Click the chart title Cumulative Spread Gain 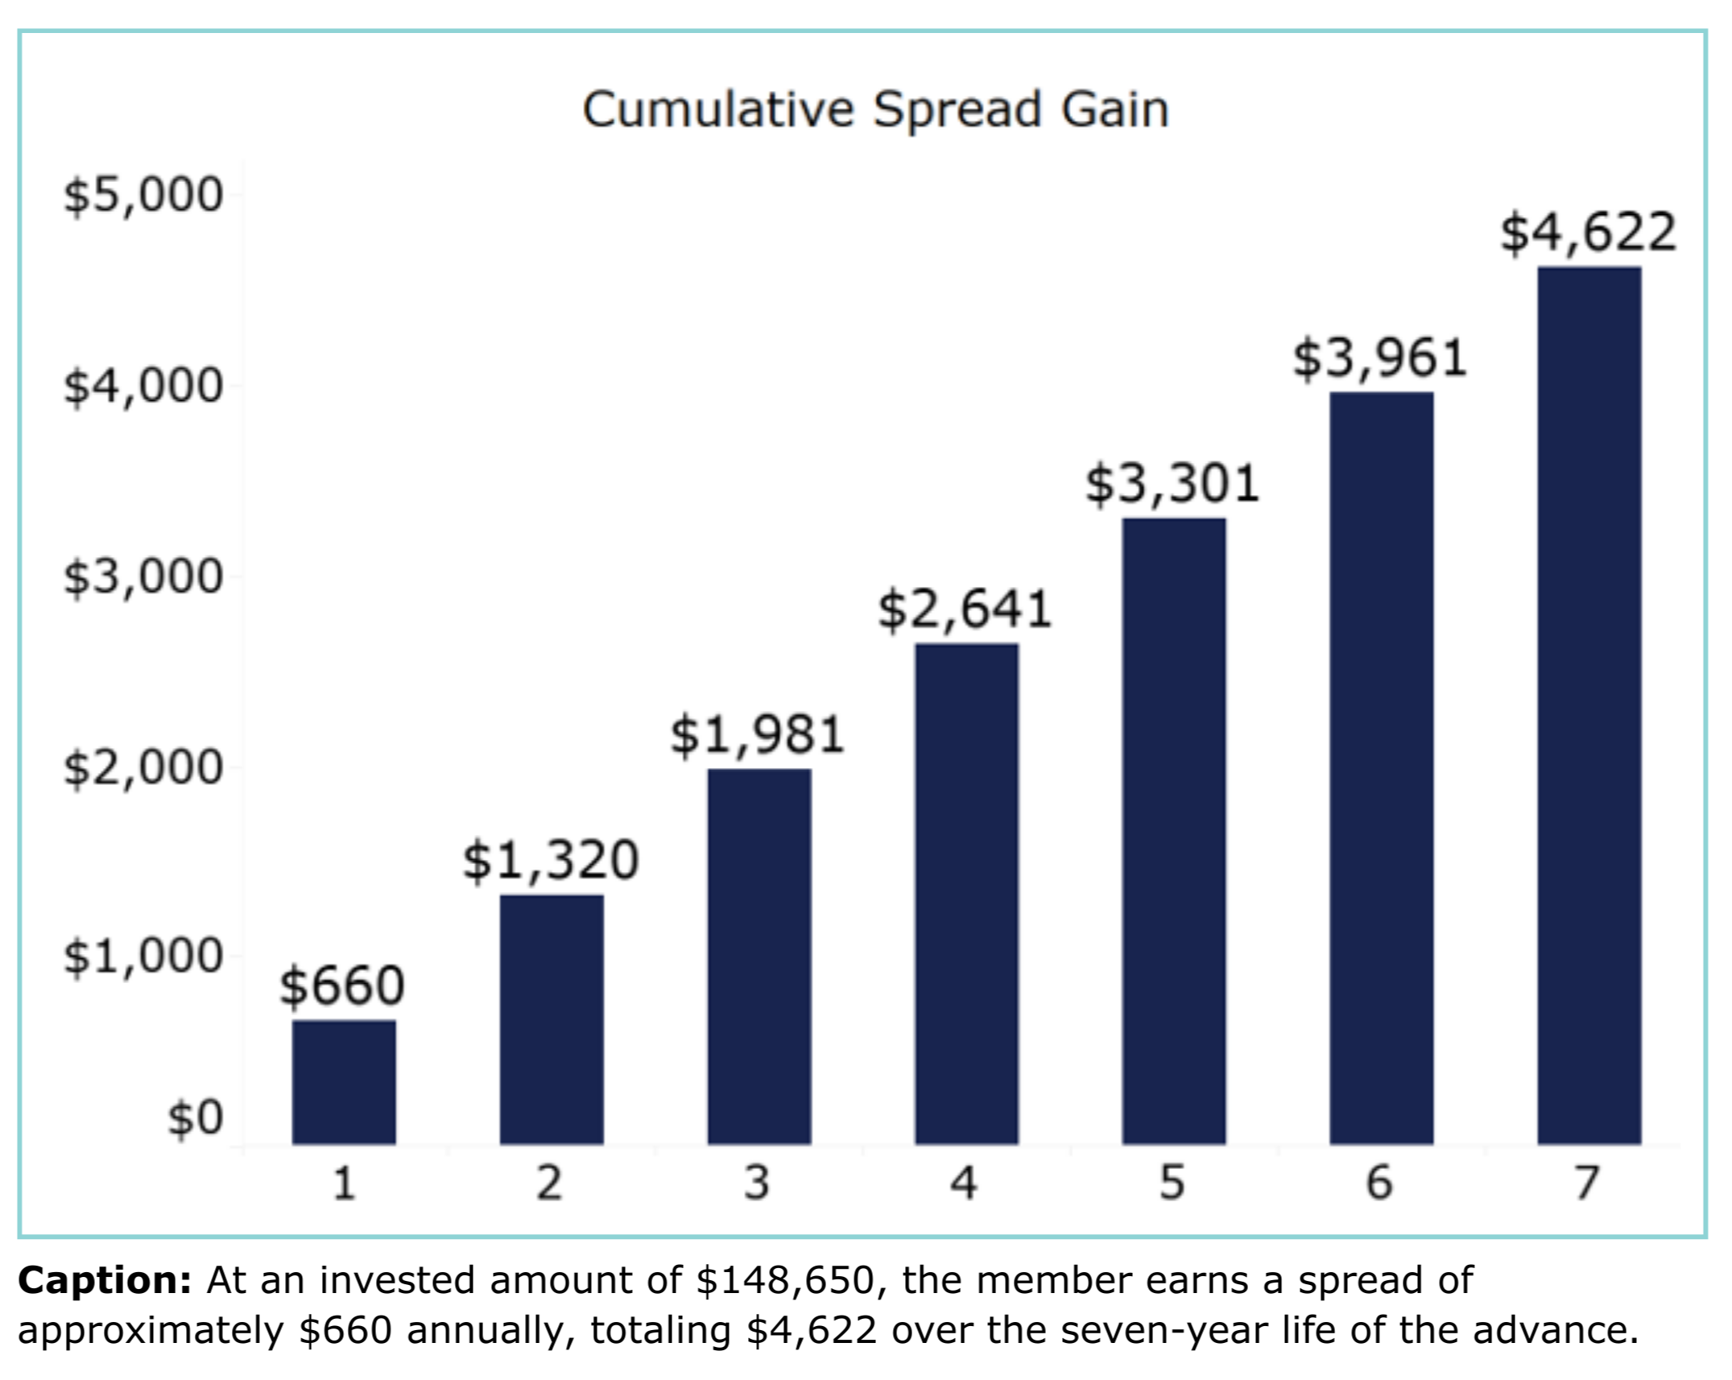875,109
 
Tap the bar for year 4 966,893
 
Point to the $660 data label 342,985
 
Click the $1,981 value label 758,734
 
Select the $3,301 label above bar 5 1172,484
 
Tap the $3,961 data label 1380,358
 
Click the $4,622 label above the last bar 1588,233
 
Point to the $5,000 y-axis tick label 143,195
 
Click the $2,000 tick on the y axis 143,767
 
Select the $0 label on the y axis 195,1118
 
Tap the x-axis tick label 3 757,1184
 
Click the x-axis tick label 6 1379,1184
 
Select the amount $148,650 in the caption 785,1280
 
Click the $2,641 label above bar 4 965,609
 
